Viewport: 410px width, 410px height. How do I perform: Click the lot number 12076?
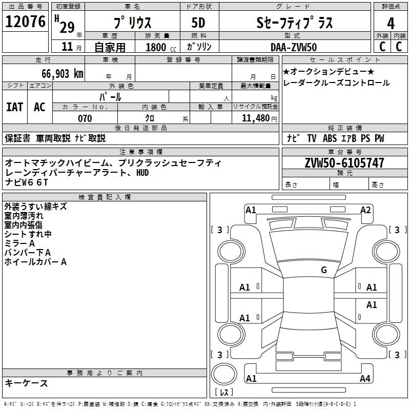point(25,23)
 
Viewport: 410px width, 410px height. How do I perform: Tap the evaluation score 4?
point(391,24)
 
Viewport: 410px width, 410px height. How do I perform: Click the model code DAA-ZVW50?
point(293,47)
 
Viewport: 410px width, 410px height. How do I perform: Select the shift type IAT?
point(14,107)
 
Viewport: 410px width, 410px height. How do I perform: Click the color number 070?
point(85,118)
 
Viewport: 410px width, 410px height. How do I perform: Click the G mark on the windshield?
point(323,270)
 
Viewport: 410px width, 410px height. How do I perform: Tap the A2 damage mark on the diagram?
point(365,210)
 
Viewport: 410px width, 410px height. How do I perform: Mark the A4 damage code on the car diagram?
point(365,379)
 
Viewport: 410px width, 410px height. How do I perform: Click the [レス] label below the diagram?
point(224,393)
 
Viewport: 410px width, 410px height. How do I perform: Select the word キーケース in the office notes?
point(26,383)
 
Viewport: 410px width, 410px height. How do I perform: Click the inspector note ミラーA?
point(19,243)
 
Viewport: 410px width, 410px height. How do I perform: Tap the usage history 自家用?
point(110,48)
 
